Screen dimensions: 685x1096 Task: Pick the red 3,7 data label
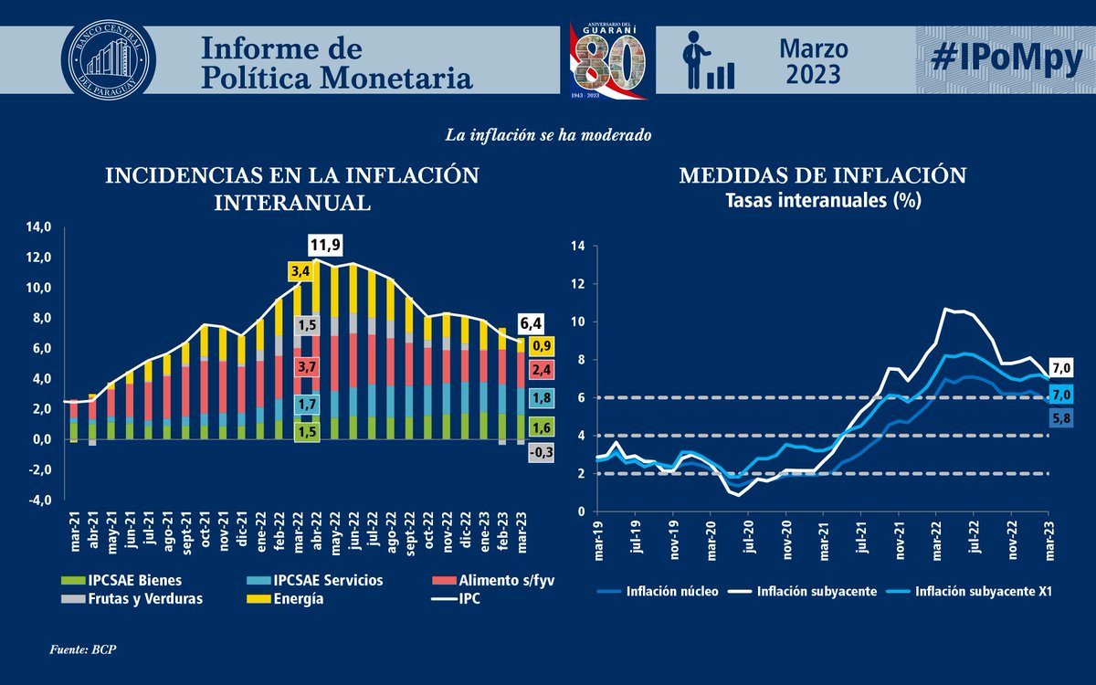coord(307,366)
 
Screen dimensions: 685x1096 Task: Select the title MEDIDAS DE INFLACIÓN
coord(822,175)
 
